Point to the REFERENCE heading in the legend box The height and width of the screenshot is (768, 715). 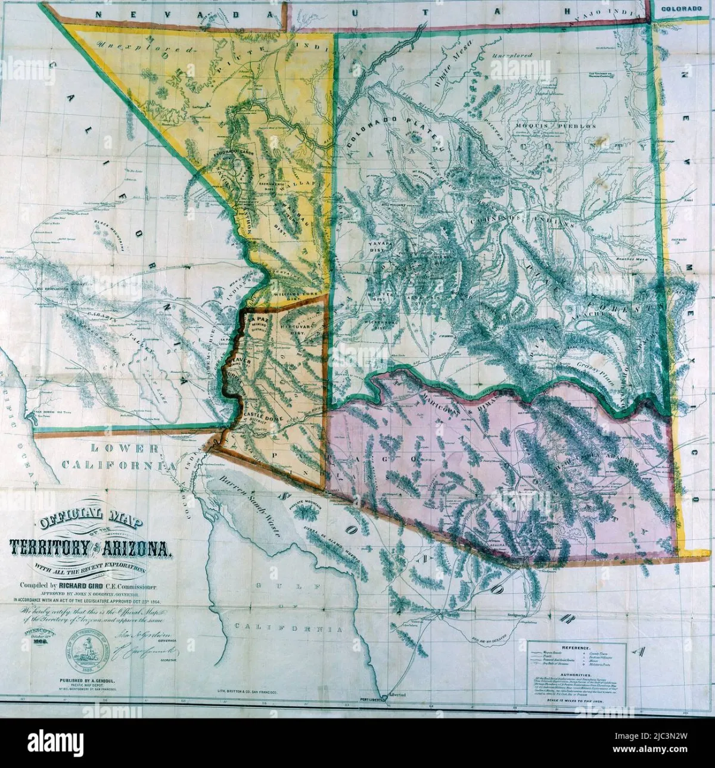pyautogui.click(x=576, y=647)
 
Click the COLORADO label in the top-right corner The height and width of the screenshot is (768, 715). pyautogui.click(x=680, y=9)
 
